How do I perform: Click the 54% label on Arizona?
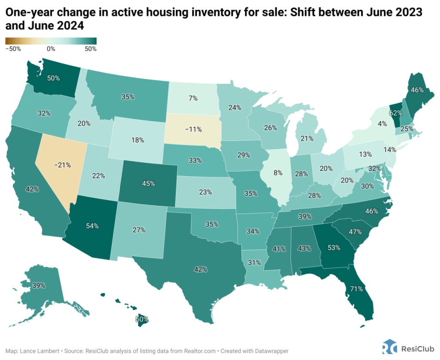click(x=92, y=225)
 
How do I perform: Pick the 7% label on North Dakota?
click(x=193, y=98)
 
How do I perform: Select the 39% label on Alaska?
click(x=39, y=285)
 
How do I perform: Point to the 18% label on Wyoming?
click(x=136, y=140)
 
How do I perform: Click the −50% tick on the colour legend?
click(x=13, y=49)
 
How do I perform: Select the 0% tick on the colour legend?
click(x=51, y=49)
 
